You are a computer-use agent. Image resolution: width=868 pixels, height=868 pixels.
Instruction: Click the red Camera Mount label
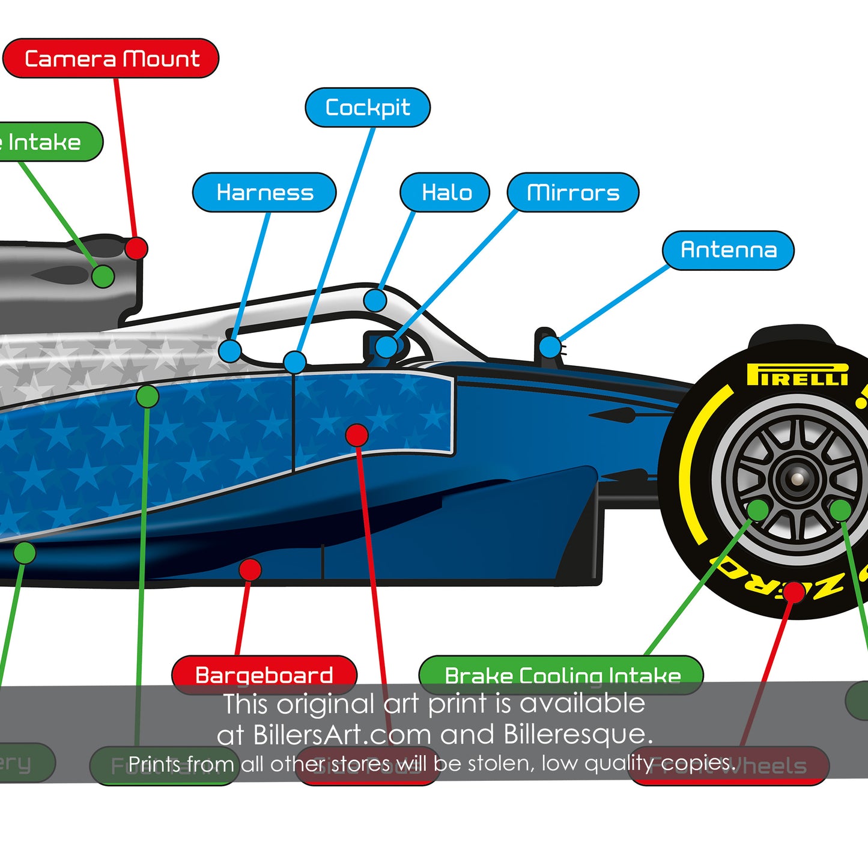[x=111, y=59]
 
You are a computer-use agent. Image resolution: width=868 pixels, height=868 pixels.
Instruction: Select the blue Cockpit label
[x=368, y=108]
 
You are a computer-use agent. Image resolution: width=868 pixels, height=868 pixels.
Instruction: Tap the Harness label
[x=264, y=192]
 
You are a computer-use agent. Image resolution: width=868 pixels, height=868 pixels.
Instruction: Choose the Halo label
[x=446, y=192]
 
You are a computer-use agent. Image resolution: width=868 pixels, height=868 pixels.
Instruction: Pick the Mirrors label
[x=573, y=192]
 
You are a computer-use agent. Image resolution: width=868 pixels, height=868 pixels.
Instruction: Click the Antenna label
[x=728, y=250]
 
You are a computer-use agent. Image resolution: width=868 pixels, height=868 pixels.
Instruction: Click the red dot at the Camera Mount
[x=136, y=248]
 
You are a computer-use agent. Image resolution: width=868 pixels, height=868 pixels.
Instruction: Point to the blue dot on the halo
[x=375, y=300]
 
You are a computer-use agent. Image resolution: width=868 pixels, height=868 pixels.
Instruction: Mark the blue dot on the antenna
[x=550, y=347]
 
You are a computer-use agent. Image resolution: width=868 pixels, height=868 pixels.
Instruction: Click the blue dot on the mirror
[x=387, y=347]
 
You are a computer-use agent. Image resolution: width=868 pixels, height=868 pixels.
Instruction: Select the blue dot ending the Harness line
[x=230, y=351]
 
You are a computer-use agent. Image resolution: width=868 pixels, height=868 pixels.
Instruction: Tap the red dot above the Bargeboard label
[x=250, y=569]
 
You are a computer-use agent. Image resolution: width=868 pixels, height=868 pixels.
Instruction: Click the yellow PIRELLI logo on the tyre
[x=797, y=375]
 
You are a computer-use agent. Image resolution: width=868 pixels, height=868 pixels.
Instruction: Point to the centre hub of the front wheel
[x=797, y=479]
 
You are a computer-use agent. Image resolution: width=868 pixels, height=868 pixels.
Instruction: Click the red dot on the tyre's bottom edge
[x=794, y=592]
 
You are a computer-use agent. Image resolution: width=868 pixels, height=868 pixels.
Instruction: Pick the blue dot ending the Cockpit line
[x=294, y=362]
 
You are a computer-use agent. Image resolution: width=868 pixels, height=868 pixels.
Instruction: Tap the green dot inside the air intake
[x=103, y=276]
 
